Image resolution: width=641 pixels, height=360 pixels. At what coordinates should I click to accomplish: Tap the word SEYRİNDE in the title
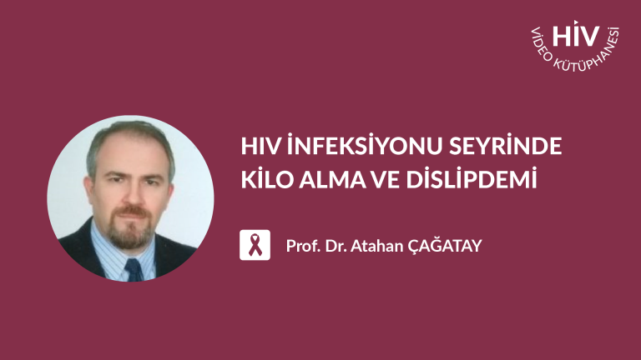tap(505, 146)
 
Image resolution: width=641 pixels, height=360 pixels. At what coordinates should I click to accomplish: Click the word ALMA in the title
tap(332, 180)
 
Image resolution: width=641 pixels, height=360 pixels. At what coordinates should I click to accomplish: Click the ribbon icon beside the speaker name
tap(255, 245)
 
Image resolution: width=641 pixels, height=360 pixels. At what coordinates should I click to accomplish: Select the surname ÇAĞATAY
tap(445, 246)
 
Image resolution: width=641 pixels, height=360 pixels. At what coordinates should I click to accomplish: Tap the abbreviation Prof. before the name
tap(303, 246)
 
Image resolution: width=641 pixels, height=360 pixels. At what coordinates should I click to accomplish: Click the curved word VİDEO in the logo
tap(541, 45)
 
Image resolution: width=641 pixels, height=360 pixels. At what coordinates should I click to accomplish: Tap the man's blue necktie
tap(134, 270)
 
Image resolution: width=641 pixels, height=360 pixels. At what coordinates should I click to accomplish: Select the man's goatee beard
tap(131, 228)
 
